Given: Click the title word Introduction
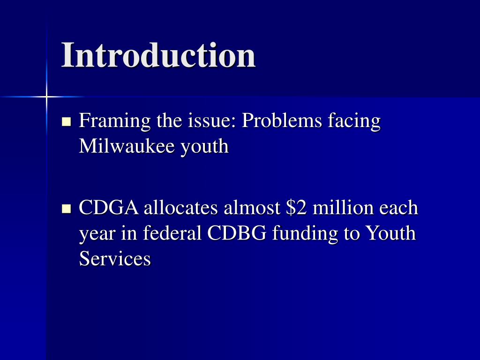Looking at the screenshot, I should click(x=158, y=55).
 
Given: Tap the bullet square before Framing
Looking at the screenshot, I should click(x=66, y=122).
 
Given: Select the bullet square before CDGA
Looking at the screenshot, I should click(x=66, y=208).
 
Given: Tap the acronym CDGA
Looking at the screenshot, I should click(x=109, y=208).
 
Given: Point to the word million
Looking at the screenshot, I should click(x=343, y=208).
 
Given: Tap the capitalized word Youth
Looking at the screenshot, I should click(x=390, y=233).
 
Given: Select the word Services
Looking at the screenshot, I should click(x=115, y=258).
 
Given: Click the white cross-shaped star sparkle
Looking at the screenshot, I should click(x=46, y=97).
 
